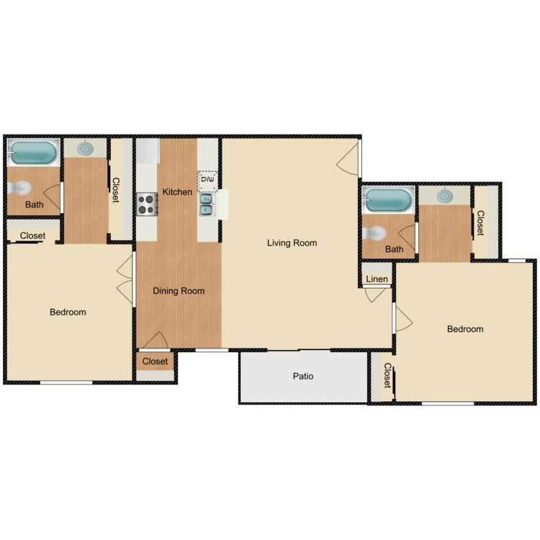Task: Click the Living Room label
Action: tap(292, 243)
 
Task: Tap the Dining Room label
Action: tap(179, 292)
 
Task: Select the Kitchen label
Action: tap(177, 192)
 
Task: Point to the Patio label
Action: tap(303, 377)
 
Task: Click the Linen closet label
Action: tap(377, 279)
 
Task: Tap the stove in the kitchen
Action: tap(148, 204)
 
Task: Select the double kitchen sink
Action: tap(207, 205)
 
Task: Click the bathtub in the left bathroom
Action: tap(33, 153)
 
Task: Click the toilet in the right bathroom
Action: tap(374, 233)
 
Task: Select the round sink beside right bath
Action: tap(444, 195)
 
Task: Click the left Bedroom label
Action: tap(68, 312)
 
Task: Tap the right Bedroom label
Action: tap(465, 330)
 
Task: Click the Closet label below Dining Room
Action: tap(155, 361)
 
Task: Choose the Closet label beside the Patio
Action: tap(387, 376)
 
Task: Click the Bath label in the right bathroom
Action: tap(394, 250)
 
